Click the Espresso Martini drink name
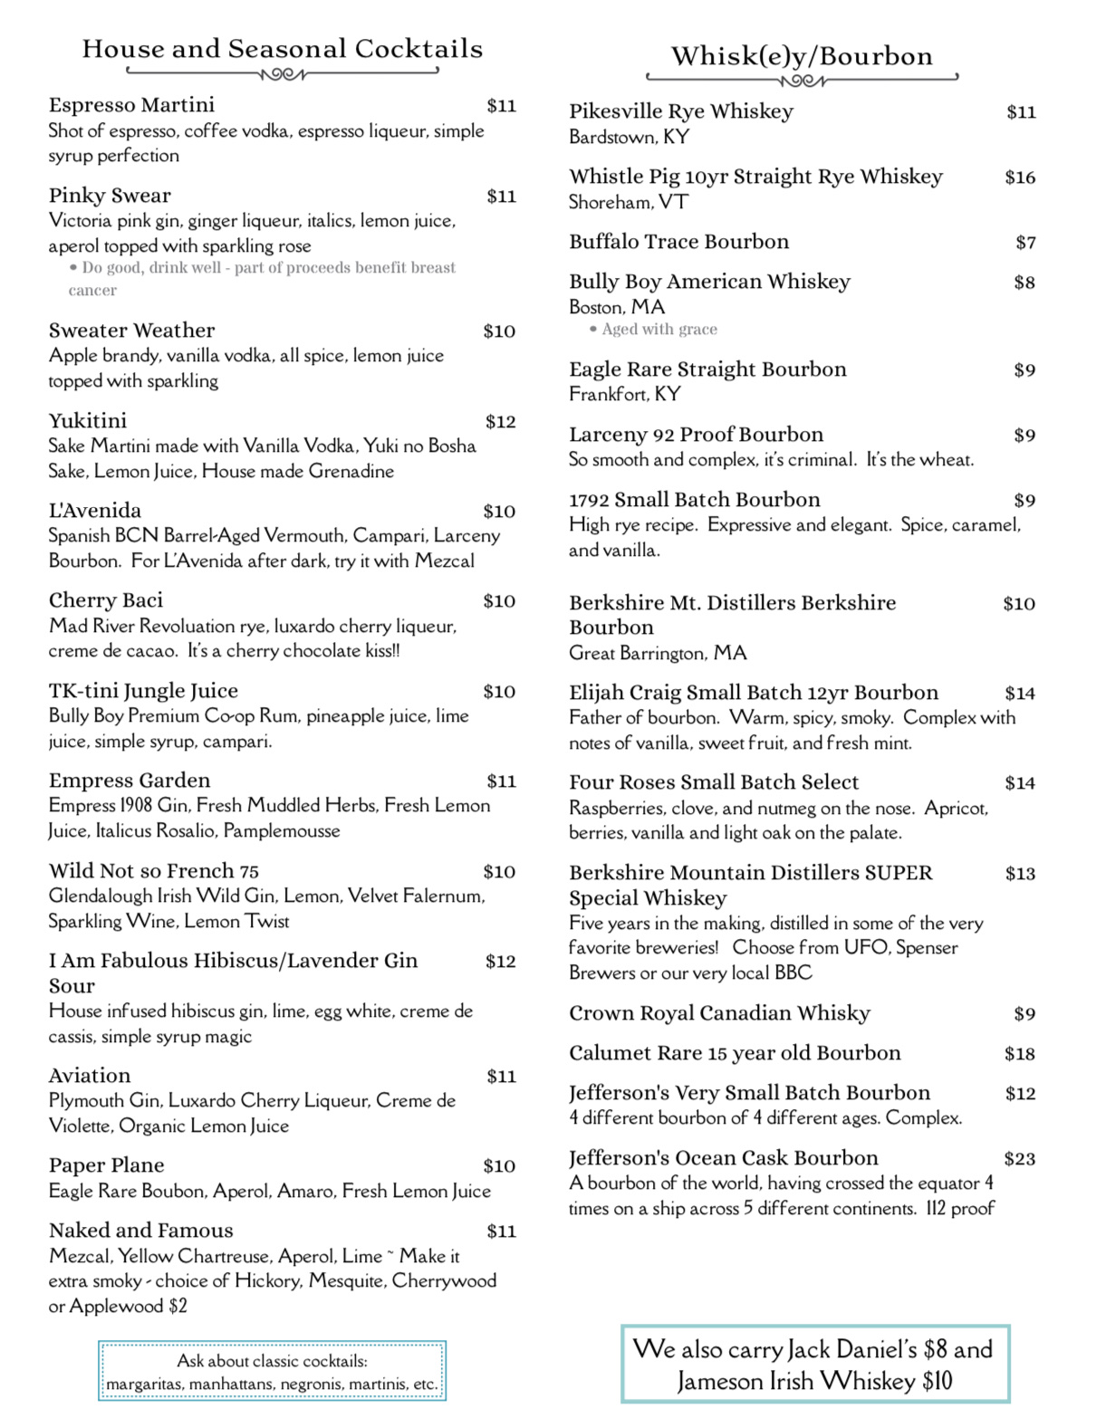coord(131,105)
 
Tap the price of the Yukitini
coord(500,421)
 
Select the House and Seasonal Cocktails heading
coord(283,49)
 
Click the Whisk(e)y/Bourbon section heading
coord(802,56)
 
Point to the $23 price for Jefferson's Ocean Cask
coord(1019,1158)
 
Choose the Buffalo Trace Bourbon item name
coord(678,242)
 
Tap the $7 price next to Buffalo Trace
coord(1025,243)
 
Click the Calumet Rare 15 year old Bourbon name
coord(735,1053)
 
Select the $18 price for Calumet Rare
coord(1019,1054)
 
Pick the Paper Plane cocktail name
coord(107,1165)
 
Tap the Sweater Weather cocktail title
coord(131,331)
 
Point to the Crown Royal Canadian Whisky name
coord(719,1013)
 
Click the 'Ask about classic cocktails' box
coord(272,1372)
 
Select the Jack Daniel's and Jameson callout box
coord(814,1365)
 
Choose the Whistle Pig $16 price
coord(1020,177)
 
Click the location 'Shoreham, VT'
coord(628,202)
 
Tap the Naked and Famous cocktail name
coord(140,1231)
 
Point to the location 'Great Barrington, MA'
coord(658,653)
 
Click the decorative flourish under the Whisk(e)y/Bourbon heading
coord(803,81)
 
